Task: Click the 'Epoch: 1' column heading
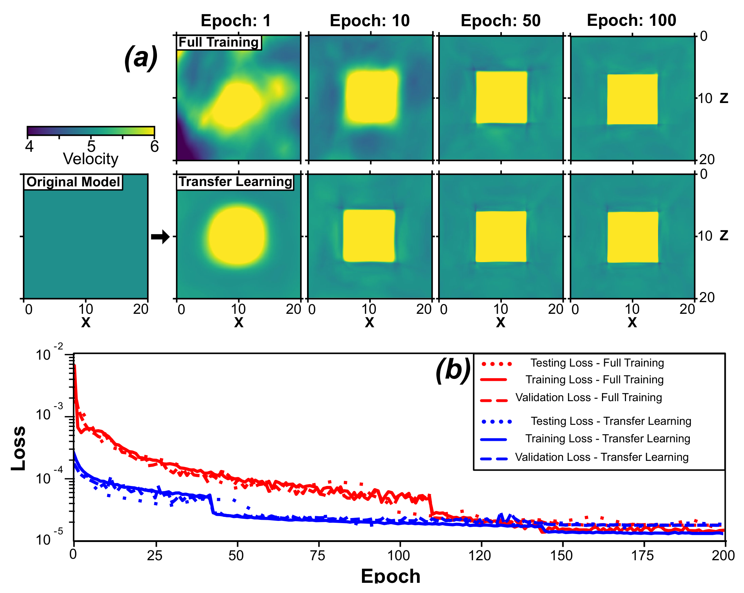coord(236,21)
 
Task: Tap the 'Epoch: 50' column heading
coord(501,21)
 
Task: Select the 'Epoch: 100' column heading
coord(631,20)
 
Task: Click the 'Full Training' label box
coord(219,42)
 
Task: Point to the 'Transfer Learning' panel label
coord(235,182)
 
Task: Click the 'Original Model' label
coord(73,182)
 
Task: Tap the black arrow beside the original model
coord(160,237)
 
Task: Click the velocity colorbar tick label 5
coord(91,146)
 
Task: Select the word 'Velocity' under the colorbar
coord(91,159)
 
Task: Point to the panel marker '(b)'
coord(453,370)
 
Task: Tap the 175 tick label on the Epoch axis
coord(643,556)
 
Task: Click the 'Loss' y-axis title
coord(18,448)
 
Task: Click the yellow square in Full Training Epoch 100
coord(632,99)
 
